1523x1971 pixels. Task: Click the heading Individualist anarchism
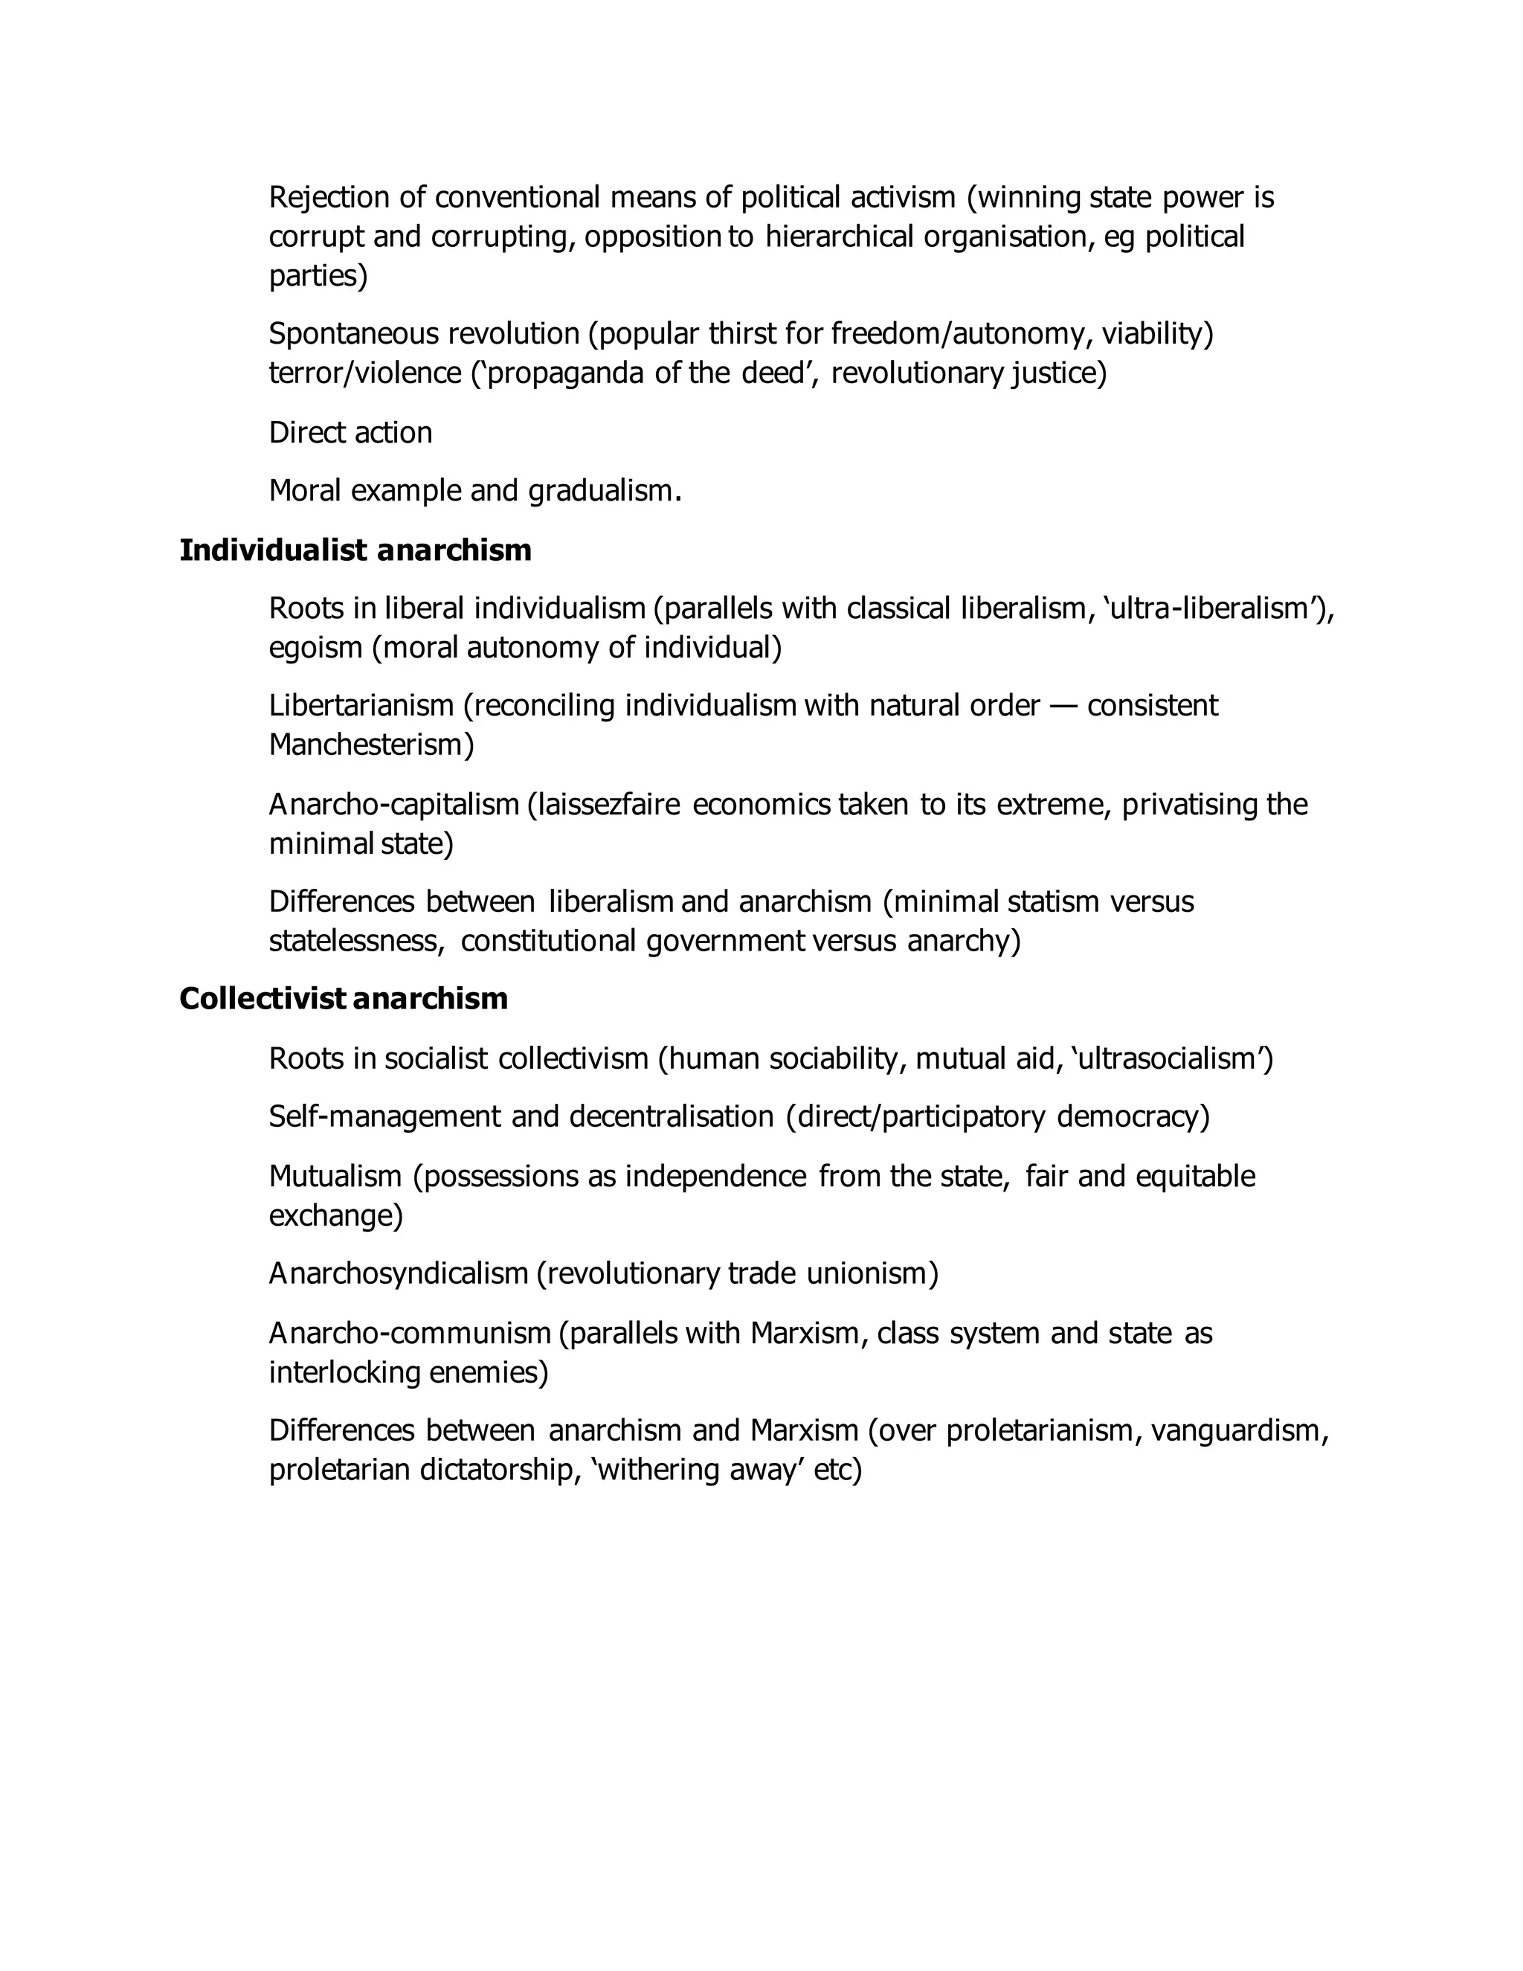point(355,550)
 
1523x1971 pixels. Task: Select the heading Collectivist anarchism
point(344,998)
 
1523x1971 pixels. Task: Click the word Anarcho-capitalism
point(394,804)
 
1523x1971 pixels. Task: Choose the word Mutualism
point(335,1176)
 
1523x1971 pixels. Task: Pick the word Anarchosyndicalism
point(398,1273)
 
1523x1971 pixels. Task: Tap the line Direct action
point(351,432)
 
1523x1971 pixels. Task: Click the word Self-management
point(384,1116)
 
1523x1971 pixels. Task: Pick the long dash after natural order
point(1063,705)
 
